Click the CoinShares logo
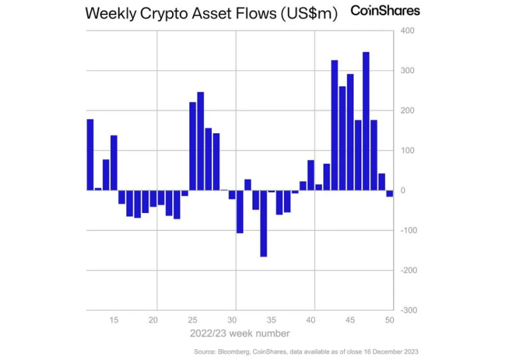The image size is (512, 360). click(x=385, y=10)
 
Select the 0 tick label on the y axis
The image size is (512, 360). click(x=403, y=190)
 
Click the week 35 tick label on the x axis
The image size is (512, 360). click(x=271, y=320)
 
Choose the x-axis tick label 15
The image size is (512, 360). click(x=114, y=320)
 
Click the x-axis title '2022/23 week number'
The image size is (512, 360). click(x=240, y=333)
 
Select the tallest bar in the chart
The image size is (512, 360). click(x=366, y=121)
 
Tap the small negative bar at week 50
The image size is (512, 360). click(x=389, y=193)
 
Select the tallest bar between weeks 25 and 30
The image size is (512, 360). click(x=201, y=141)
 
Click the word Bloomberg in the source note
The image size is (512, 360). click(x=231, y=352)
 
